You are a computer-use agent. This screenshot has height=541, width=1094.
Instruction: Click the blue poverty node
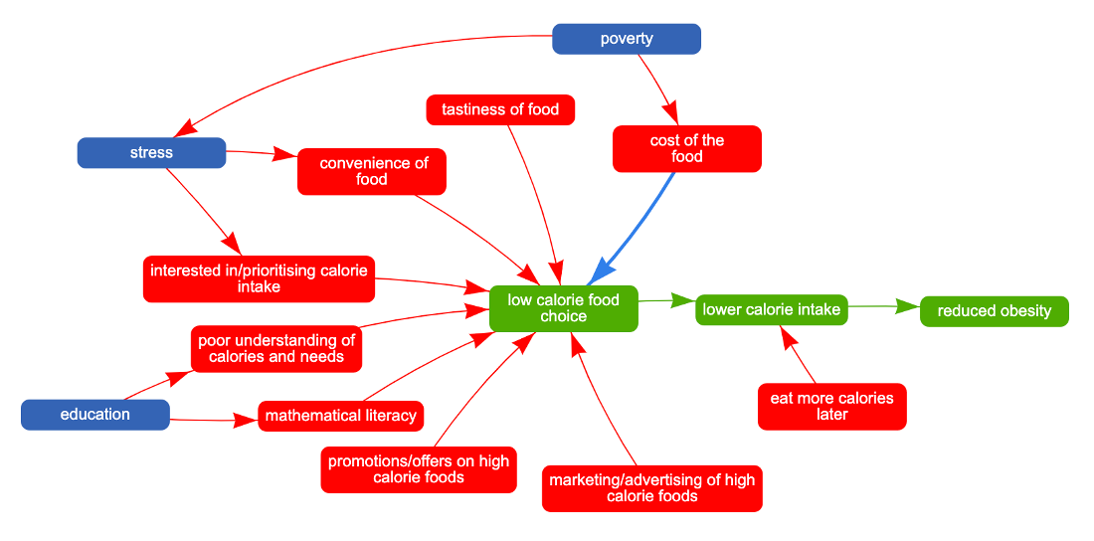(x=627, y=39)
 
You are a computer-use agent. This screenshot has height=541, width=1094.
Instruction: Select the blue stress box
(x=151, y=153)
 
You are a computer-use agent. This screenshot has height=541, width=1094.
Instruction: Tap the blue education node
(x=95, y=415)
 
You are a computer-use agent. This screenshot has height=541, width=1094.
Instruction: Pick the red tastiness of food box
(x=500, y=109)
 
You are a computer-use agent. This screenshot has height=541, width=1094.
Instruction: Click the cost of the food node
(x=687, y=148)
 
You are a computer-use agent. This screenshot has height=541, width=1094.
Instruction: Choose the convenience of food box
(x=372, y=171)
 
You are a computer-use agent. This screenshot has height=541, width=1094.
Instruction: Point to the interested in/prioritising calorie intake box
(x=259, y=278)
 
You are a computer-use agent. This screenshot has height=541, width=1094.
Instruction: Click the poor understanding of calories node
(x=276, y=348)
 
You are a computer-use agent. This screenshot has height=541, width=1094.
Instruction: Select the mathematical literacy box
(x=340, y=416)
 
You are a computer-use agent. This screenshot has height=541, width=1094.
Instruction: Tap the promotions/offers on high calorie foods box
(x=419, y=469)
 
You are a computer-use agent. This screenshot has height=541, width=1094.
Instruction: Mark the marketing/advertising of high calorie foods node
(x=652, y=487)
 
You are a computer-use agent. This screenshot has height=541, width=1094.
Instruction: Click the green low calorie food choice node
(x=563, y=308)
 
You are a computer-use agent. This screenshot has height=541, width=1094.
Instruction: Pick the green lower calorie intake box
(x=772, y=309)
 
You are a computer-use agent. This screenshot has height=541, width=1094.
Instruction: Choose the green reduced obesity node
(x=995, y=311)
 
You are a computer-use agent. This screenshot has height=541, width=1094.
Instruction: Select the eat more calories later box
(x=832, y=406)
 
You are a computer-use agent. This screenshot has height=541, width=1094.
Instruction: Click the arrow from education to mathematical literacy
(x=209, y=421)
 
